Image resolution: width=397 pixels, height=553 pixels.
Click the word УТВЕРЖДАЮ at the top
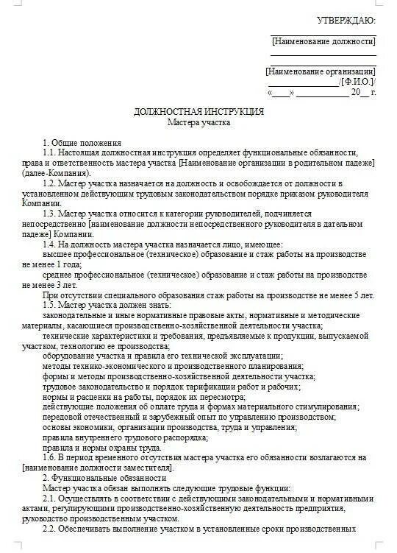click(x=346, y=20)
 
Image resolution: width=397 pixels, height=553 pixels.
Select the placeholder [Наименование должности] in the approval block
click(x=323, y=41)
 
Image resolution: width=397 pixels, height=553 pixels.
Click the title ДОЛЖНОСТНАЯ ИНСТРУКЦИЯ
click(x=198, y=111)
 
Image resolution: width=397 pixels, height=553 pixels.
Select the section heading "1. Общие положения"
click(x=82, y=142)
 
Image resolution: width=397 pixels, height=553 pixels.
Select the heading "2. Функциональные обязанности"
click(x=104, y=478)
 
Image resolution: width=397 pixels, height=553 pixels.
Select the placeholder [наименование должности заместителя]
click(x=96, y=468)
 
